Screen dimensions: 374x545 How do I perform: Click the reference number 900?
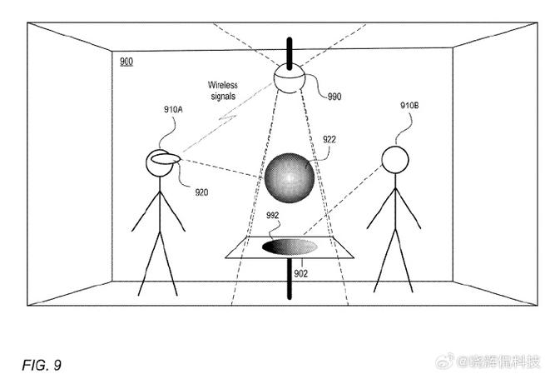pos(125,62)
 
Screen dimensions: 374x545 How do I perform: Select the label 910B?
pos(409,106)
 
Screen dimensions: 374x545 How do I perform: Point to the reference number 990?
pos(334,97)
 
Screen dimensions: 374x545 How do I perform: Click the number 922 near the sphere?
pos(329,140)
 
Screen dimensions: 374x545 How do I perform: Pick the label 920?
pos(201,192)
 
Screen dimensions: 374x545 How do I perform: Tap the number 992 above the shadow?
pos(273,216)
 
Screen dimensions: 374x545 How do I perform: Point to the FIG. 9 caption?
pos(42,365)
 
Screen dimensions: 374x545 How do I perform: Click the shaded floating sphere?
pos(289,177)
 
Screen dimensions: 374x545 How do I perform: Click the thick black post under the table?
pos(290,278)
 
